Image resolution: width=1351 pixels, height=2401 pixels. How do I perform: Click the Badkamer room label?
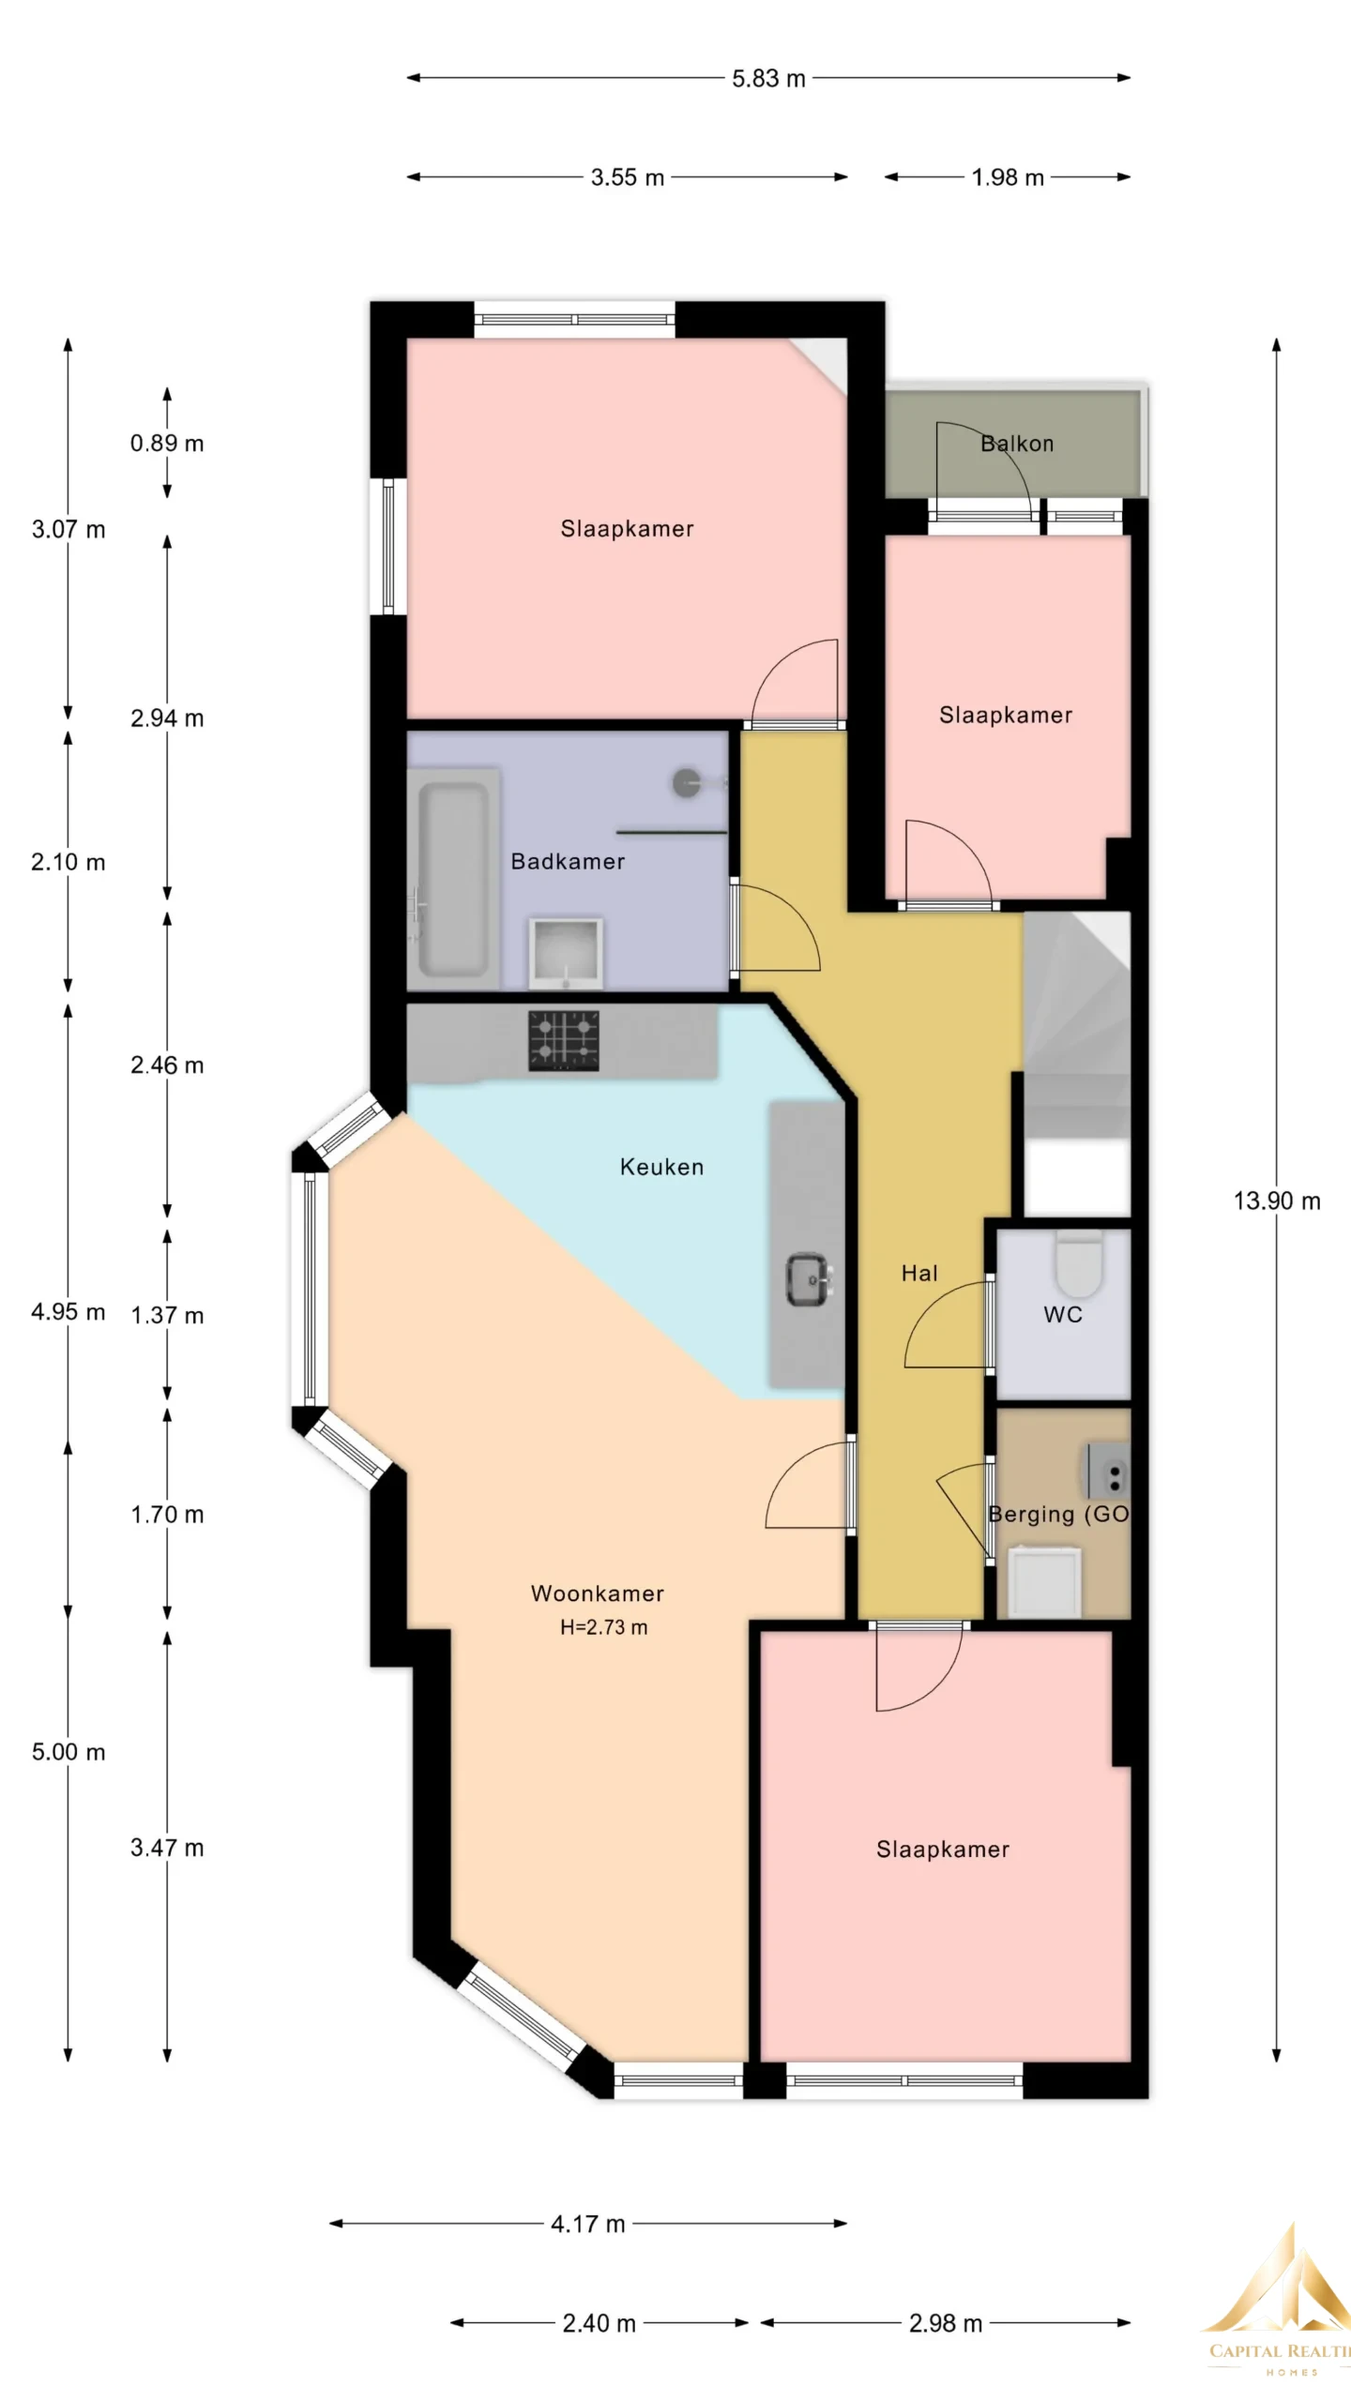(568, 861)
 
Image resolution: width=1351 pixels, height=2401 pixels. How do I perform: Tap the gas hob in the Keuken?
(564, 1040)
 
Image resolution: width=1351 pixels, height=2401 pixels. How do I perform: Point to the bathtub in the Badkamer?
(453, 880)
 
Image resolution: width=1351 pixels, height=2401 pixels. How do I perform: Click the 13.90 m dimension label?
(1277, 1200)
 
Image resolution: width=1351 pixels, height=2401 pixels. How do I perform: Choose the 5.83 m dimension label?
(768, 78)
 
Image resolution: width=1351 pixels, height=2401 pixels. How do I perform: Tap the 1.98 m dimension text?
(1008, 177)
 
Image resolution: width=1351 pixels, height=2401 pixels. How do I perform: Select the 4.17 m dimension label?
(588, 2224)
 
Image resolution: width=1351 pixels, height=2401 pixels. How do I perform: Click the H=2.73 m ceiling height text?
(604, 1627)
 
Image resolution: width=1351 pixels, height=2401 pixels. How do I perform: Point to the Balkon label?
(1017, 444)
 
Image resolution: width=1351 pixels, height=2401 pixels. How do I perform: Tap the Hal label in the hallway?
(919, 1273)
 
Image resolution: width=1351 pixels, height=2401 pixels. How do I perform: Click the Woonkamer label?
(598, 1593)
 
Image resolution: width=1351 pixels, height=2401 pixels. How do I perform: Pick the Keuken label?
(661, 1167)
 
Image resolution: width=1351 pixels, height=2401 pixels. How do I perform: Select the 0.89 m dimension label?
(167, 444)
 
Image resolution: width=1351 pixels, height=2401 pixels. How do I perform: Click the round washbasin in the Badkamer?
(690, 782)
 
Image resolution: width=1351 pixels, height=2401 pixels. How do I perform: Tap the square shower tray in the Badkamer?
(566, 953)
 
